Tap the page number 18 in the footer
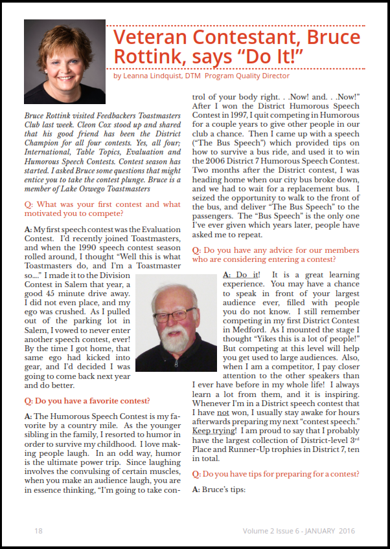coord(38,530)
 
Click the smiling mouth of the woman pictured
coord(64,73)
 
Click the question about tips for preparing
coord(285,474)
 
